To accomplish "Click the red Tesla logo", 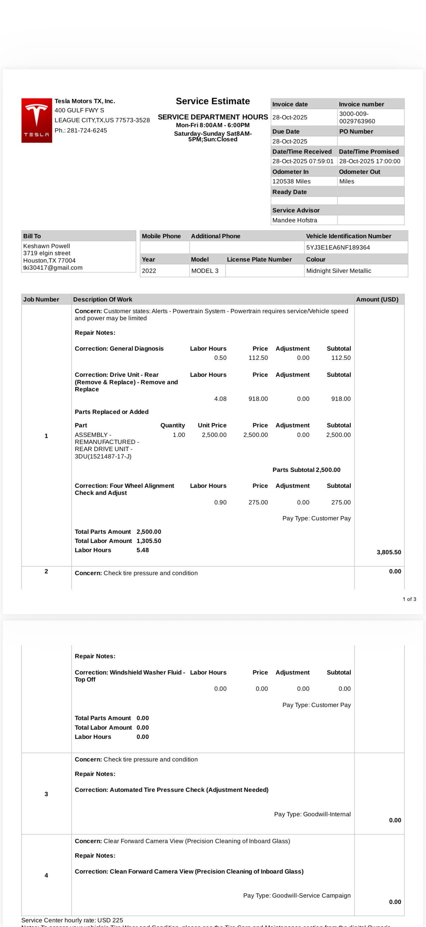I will (x=37, y=120).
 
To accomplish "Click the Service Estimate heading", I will (x=212, y=101).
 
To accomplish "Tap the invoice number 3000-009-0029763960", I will (x=357, y=117).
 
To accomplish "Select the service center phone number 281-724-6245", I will (x=87, y=130).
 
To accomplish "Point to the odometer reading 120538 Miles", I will (x=291, y=181).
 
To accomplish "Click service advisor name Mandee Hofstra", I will (x=295, y=220).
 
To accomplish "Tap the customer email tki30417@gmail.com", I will (x=53, y=267).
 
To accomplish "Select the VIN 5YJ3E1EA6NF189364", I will (x=338, y=247).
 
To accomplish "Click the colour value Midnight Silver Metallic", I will (x=338, y=270).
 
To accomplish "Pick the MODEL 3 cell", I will (x=205, y=270).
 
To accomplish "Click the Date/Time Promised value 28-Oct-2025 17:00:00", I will (x=369, y=161).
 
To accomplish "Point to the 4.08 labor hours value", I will (x=220, y=399).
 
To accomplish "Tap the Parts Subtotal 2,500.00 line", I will (x=306, y=470).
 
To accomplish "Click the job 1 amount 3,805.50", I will (x=389, y=552).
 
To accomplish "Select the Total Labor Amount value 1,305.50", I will (x=148, y=541).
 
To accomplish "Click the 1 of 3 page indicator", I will (x=409, y=599).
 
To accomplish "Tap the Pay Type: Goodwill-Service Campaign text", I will (x=297, y=895).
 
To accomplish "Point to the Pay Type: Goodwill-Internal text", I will (x=312, y=814).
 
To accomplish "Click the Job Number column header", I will (x=41, y=299).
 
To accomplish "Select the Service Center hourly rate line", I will (x=72, y=920).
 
